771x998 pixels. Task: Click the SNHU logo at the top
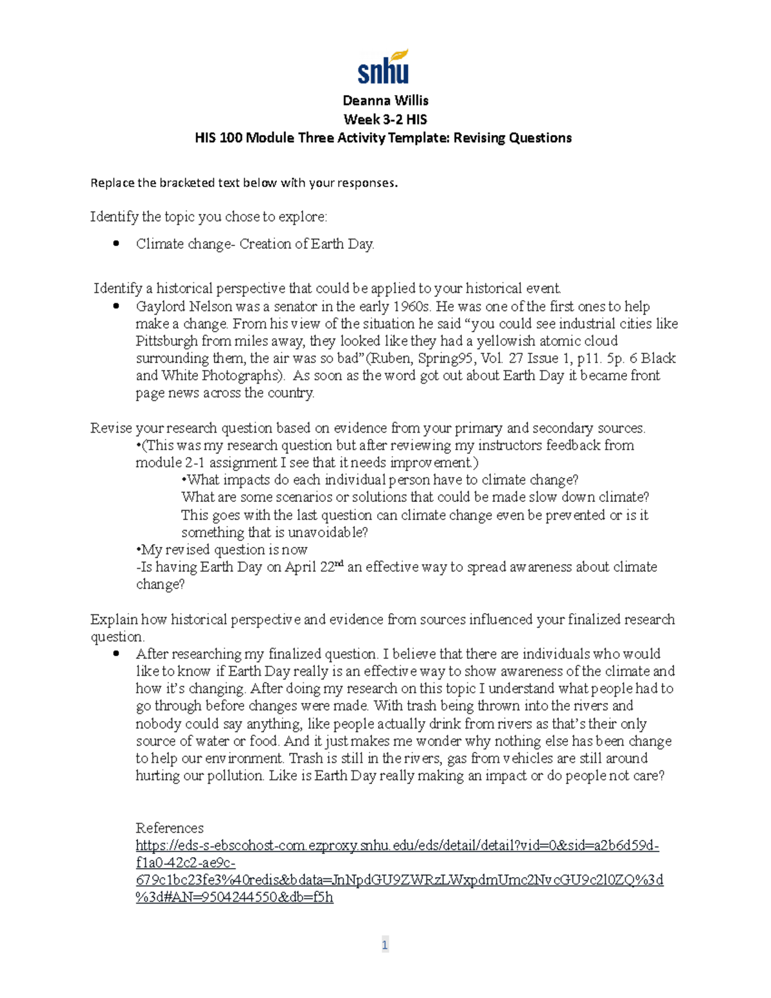coord(384,67)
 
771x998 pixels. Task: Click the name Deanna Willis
coord(385,100)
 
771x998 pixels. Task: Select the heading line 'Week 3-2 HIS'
coord(385,119)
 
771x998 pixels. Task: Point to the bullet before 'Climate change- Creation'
coord(116,244)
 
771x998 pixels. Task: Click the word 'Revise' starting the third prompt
coord(111,429)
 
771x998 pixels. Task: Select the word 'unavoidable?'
coord(328,533)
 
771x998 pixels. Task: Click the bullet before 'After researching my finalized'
coord(116,654)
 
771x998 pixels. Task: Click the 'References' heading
coord(170,828)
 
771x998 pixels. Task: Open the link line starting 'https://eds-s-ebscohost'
coord(397,846)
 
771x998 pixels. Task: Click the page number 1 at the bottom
coord(385,945)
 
